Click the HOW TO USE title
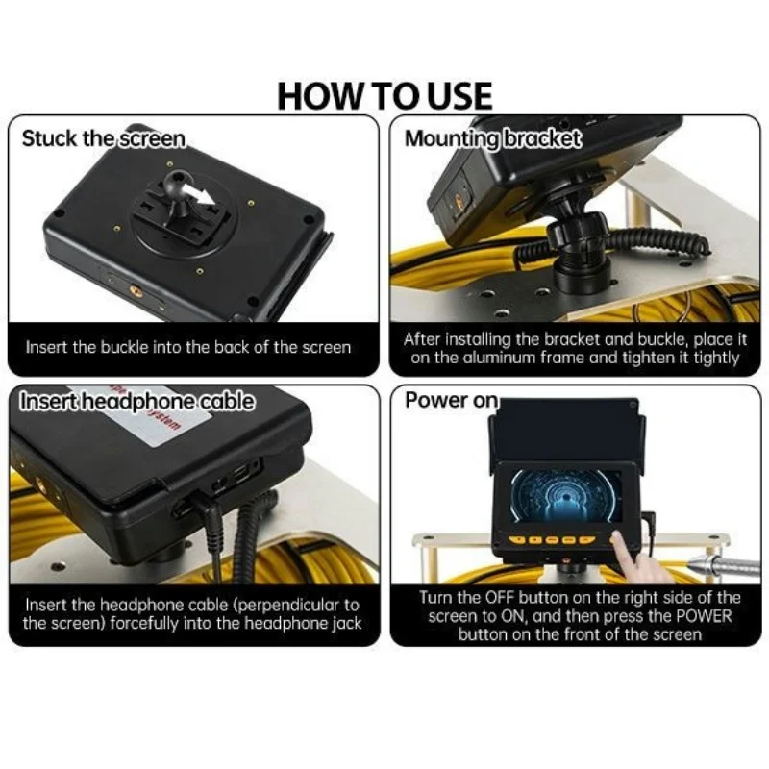[385, 95]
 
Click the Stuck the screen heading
[104, 138]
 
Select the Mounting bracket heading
[492, 138]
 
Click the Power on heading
[451, 400]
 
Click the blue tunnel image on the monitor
[564, 495]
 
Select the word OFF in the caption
[500, 597]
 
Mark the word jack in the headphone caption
[347, 624]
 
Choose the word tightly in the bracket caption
[715, 359]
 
